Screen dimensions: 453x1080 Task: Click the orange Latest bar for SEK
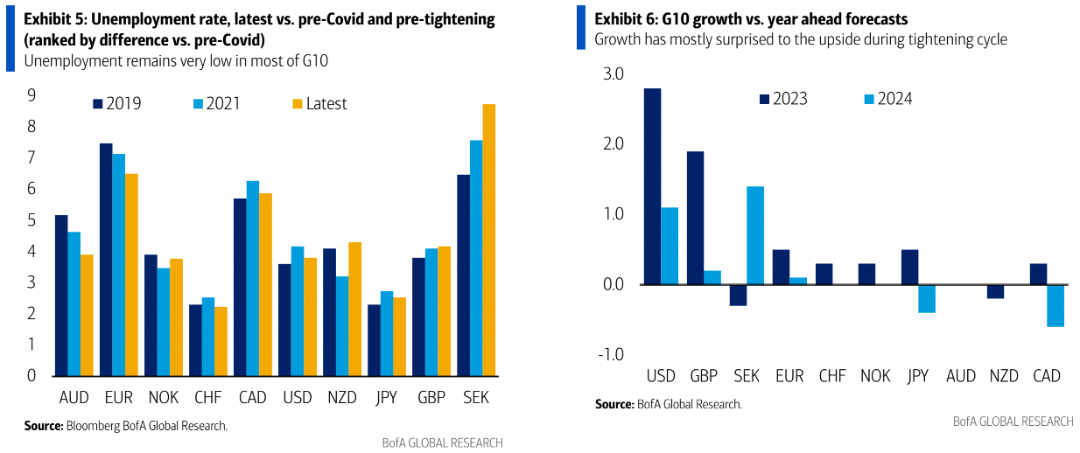pos(489,240)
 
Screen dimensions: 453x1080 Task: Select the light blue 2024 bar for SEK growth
pos(755,235)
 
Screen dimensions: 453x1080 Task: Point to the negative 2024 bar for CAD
pos(1055,305)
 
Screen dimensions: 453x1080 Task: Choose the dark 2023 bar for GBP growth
pos(695,218)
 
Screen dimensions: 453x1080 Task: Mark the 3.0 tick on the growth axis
pos(613,75)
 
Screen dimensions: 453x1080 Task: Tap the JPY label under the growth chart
pos(917,376)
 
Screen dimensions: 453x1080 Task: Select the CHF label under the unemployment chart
pos(207,398)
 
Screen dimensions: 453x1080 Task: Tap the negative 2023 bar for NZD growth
pos(994,291)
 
